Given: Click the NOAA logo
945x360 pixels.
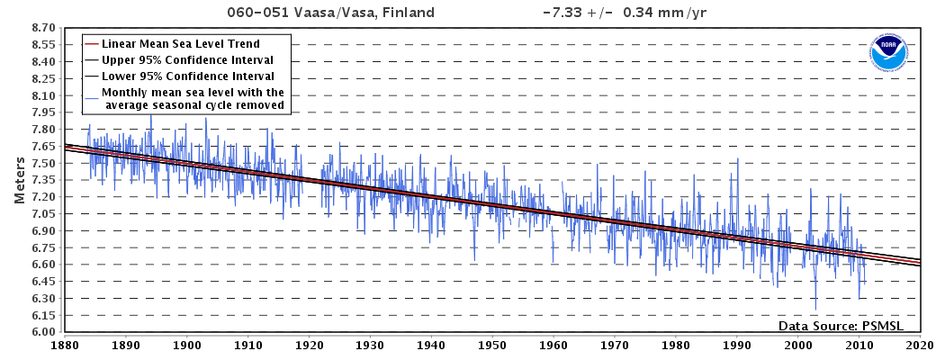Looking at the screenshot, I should click(888, 54).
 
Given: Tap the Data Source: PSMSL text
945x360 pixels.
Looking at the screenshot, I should click(840, 325).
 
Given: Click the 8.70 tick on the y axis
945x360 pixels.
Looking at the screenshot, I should click(44, 28).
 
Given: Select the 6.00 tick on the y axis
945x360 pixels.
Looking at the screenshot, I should click(44, 332).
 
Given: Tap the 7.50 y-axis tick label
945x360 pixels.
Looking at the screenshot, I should click(44, 163).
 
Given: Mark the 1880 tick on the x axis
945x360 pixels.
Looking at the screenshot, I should click(64, 344).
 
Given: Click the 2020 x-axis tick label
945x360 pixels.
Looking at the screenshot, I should click(919, 344).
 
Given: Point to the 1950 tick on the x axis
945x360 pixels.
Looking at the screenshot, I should click(491, 344).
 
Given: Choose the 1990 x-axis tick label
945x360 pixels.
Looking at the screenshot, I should click(736, 344).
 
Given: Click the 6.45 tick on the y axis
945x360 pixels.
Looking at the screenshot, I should click(44, 282).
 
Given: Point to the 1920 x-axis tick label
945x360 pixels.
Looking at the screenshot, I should click(308, 344).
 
